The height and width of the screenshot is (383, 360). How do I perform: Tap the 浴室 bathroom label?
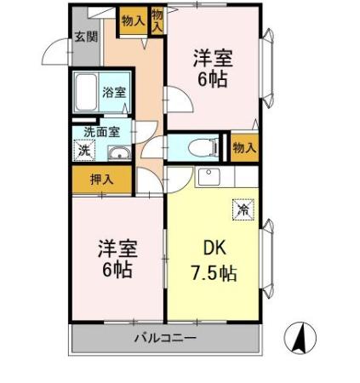(x=113, y=93)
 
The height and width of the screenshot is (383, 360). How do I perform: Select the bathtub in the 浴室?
(x=87, y=93)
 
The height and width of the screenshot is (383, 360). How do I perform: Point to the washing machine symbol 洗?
(x=83, y=151)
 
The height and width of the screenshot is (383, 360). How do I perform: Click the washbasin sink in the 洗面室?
(x=119, y=153)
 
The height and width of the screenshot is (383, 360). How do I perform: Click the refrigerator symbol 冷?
(x=242, y=207)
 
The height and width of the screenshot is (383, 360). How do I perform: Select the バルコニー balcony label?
(x=165, y=338)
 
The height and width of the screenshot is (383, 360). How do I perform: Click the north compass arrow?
(x=300, y=339)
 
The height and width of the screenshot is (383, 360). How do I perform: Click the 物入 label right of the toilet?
(x=244, y=147)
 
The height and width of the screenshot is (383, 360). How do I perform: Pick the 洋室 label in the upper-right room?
(x=213, y=60)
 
